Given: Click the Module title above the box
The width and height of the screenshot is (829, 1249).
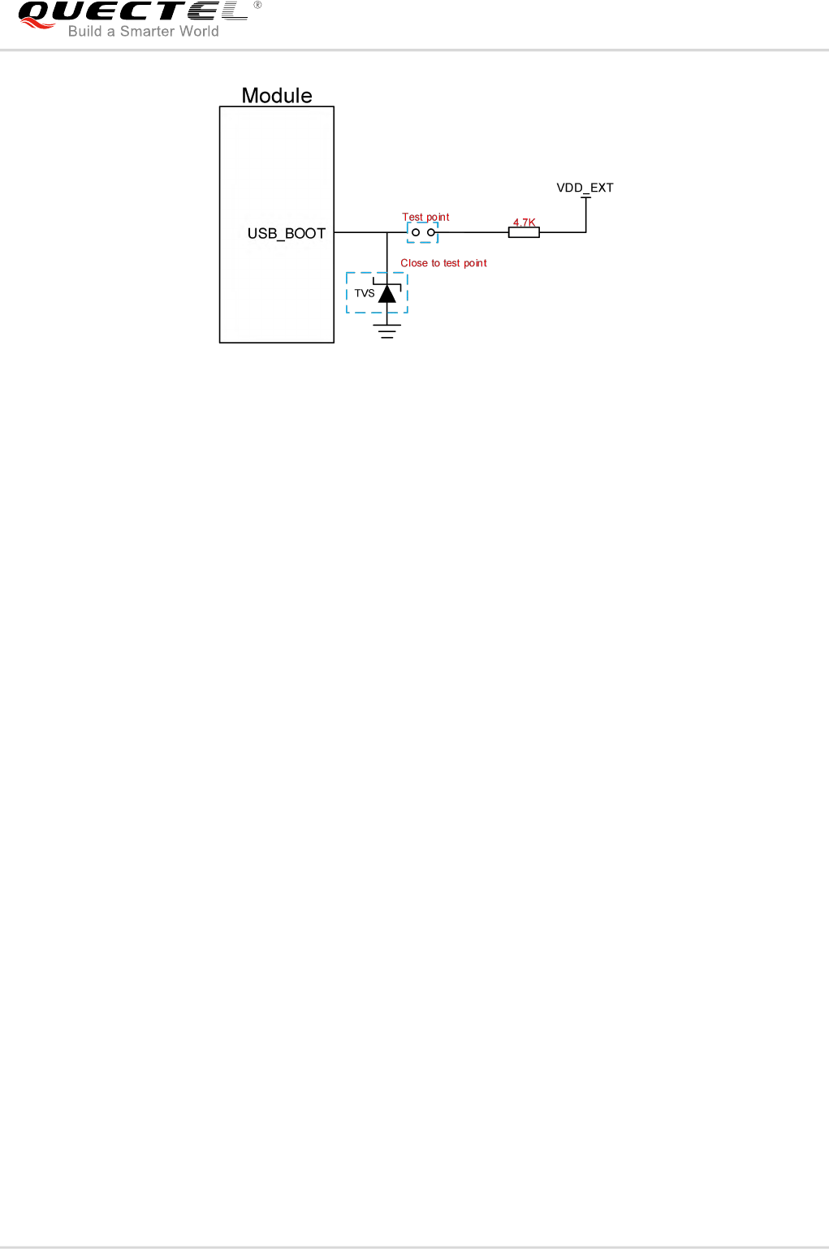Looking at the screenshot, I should pyautogui.click(x=277, y=96).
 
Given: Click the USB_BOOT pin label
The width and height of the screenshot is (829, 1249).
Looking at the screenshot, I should pyautogui.click(x=286, y=234).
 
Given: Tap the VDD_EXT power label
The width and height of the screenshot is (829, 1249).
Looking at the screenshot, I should pyautogui.click(x=585, y=188).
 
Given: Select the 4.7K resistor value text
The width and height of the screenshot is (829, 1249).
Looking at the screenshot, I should pyautogui.click(x=524, y=223).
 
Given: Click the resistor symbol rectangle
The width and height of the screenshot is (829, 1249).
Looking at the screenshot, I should pyautogui.click(x=524, y=233).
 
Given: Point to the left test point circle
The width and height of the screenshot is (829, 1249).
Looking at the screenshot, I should pyautogui.click(x=416, y=233).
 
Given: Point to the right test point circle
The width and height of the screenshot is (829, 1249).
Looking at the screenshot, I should pyautogui.click(x=431, y=233).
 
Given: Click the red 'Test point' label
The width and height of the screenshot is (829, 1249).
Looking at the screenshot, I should pyautogui.click(x=425, y=217).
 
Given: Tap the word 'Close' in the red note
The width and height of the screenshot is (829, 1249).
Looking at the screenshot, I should pyautogui.click(x=414, y=263).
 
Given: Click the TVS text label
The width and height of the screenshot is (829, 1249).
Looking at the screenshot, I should pyautogui.click(x=365, y=293).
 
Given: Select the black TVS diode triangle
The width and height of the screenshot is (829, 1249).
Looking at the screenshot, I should pyautogui.click(x=387, y=294).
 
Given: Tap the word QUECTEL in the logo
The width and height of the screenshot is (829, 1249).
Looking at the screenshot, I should pyautogui.click(x=134, y=11).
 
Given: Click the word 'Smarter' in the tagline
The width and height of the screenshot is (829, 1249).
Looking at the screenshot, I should pyautogui.click(x=147, y=32).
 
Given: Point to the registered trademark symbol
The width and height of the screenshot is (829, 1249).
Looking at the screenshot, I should pyautogui.click(x=257, y=5).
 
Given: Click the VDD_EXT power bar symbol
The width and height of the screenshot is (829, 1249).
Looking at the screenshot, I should pyautogui.click(x=585, y=197).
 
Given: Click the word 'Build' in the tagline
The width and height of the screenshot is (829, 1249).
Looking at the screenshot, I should pyautogui.click(x=84, y=32).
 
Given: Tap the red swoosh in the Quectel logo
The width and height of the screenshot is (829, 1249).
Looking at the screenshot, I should pyautogui.click(x=37, y=24).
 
